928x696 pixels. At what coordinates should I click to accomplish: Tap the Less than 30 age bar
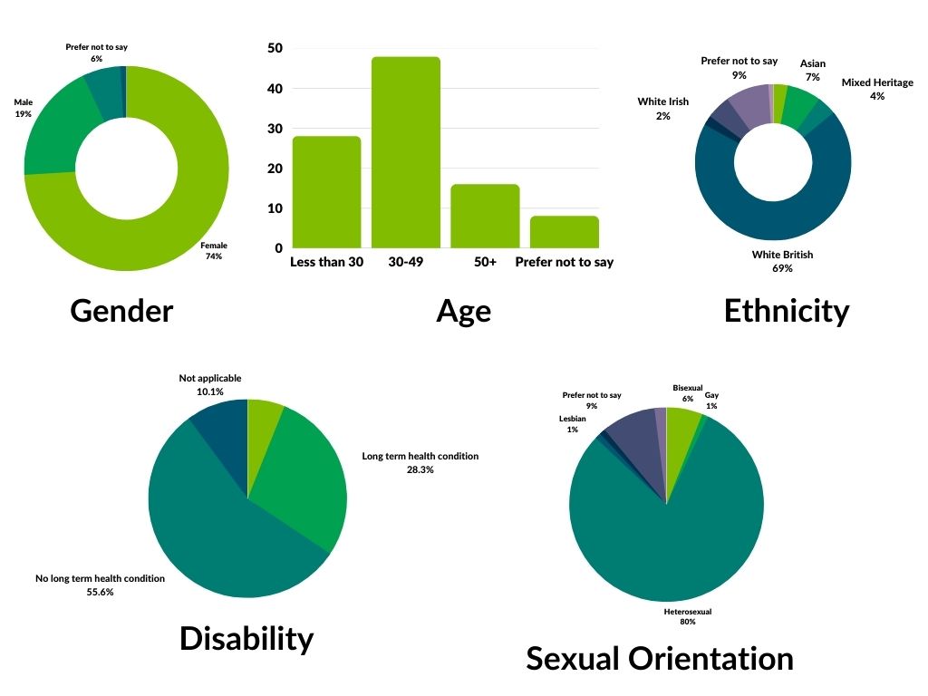(326, 192)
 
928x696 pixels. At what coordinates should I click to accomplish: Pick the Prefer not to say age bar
(564, 232)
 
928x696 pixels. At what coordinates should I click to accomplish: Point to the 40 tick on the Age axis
(274, 89)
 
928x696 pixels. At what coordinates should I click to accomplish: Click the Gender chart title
(121, 311)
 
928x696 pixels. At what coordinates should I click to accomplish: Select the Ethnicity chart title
(787, 311)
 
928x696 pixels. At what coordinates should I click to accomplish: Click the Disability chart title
(246, 638)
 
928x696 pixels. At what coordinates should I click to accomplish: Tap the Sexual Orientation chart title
(660, 658)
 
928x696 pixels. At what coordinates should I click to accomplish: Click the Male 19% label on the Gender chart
(23, 109)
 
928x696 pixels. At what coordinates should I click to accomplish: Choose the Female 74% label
(214, 251)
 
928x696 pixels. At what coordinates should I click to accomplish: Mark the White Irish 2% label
(663, 109)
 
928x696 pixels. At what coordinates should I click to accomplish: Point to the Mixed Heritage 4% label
(875, 89)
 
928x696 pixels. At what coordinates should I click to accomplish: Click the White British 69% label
(782, 261)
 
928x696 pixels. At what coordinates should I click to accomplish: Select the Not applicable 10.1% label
(210, 385)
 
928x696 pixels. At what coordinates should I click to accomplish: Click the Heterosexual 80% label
(688, 617)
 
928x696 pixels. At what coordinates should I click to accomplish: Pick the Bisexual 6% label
(687, 393)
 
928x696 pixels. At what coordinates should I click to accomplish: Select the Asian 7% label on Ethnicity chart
(812, 71)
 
